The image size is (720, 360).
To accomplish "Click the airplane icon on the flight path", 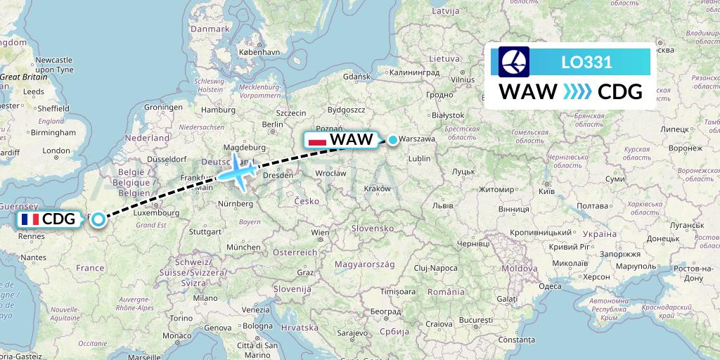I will tap(238, 172).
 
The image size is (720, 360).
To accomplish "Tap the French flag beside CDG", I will tap(30, 219).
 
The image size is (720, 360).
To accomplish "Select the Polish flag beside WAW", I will tap(318, 140).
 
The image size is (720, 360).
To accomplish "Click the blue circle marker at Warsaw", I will tap(392, 140).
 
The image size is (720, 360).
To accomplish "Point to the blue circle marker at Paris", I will tap(98, 219).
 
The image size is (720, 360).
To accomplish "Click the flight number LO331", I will tap(586, 62).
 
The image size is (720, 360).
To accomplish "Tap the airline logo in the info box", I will tap(514, 62).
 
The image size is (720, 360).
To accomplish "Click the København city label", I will tap(259, 52).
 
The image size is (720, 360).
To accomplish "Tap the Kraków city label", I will tap(378, 188).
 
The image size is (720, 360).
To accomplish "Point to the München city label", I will tap(243, 247).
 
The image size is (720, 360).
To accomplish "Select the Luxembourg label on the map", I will tap(157, 212).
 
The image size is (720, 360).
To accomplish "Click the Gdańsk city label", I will tap(356, 76).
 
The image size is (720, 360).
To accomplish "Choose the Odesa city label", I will tap(550, 285).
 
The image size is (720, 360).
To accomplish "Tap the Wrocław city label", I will tap(330, 172).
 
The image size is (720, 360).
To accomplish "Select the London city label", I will tap(56, 150).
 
